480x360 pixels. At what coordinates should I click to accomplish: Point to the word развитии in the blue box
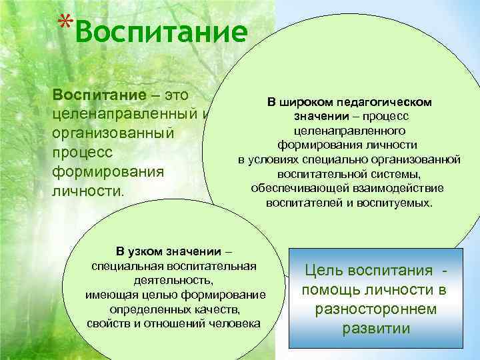pyautogui.click(x=375, y=329)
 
